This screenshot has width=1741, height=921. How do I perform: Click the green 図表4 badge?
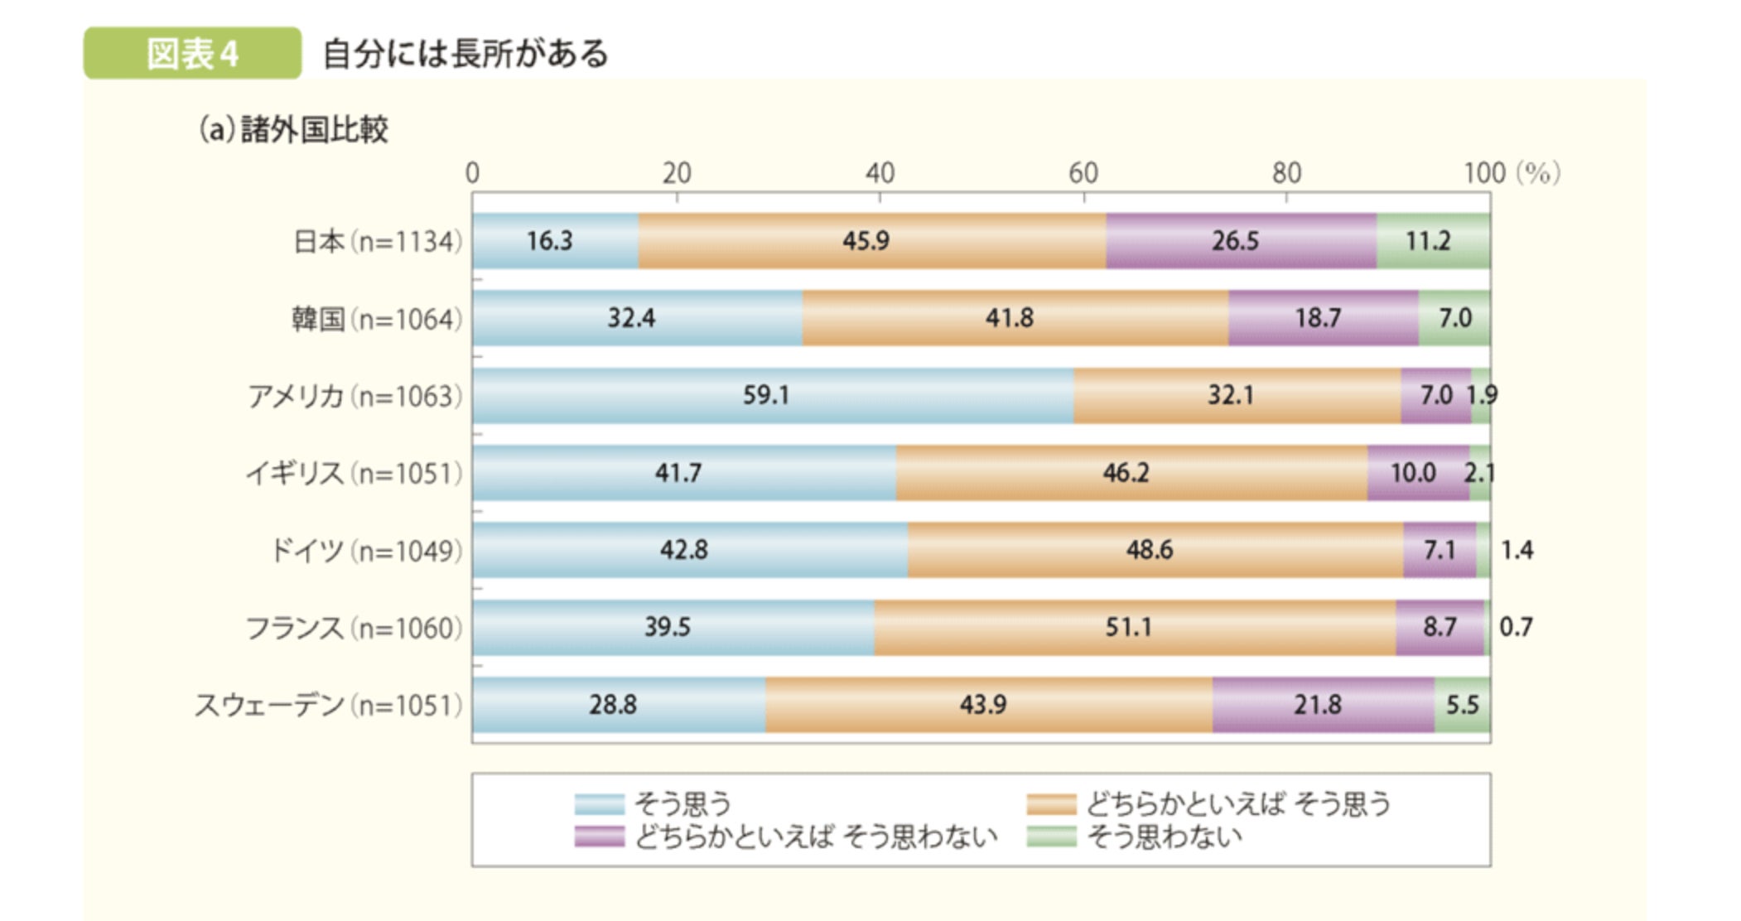(192, 54)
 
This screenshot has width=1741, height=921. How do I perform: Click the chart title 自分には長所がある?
(465, 54)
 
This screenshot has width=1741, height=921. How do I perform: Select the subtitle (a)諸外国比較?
(293, 130)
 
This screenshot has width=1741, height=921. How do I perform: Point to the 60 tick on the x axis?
(1083, 173)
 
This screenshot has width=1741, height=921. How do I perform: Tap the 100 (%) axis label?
(1511, 173)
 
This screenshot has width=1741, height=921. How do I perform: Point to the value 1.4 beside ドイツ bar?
(1517, 550)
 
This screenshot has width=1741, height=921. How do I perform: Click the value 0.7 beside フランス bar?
(1516, 627)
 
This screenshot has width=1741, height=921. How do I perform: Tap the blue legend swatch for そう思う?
(599, 804)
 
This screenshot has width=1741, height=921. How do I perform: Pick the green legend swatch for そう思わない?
(1051, 837)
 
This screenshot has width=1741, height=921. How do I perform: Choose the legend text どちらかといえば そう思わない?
(816, 837)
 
